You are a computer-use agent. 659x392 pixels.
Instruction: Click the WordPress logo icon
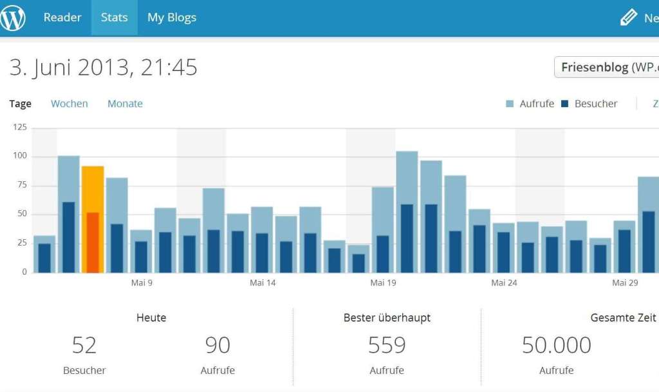click(13, 17)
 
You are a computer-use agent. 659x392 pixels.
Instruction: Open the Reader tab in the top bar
click(62, 17)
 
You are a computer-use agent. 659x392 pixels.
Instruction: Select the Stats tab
click(114, 17)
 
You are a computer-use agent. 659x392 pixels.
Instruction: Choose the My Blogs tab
click(172, 17)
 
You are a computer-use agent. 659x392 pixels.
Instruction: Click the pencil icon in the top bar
click(629, 17)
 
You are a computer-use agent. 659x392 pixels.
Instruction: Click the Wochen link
click(70, 104)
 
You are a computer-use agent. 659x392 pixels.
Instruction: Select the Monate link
click(125, 104)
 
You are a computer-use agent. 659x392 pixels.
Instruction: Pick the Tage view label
click(21, 104)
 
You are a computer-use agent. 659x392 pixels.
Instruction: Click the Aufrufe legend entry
click(530, 104)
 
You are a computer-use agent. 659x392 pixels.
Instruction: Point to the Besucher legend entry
click(589, 104)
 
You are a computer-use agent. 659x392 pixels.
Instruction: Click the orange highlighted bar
click(93, 219)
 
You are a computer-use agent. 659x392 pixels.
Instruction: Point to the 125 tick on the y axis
click(20, 128)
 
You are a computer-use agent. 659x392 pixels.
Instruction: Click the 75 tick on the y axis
click(22, 185)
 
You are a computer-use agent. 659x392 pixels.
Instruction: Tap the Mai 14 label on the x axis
click(263, 283)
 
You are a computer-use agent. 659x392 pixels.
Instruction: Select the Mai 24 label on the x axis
click(504, 283)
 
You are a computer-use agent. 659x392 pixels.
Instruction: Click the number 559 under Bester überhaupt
click(387, 346)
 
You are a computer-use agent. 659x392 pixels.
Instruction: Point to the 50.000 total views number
click(556, 346)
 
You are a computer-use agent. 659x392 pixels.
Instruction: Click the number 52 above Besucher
click(84, 346)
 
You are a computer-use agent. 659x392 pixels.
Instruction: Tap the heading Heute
click(151, 318)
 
